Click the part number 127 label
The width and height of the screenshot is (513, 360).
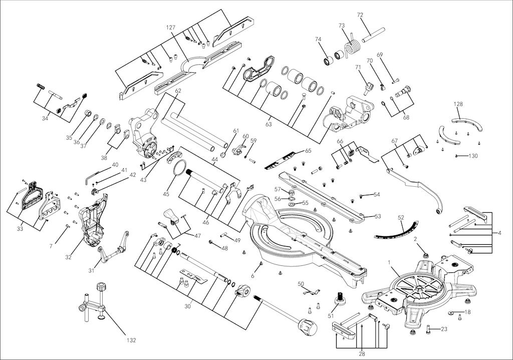171,28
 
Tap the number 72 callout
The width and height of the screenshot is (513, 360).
360,16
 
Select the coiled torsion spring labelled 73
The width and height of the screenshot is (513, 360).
354,47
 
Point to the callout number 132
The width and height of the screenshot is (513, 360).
131,340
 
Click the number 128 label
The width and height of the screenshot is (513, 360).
458,104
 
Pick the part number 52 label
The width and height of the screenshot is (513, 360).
400,217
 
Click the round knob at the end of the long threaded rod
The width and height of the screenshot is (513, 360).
308,328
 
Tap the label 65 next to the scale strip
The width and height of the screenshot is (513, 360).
308,150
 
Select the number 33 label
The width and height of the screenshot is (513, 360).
20,229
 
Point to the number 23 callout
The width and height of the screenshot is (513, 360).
444,329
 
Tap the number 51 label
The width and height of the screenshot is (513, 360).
330,315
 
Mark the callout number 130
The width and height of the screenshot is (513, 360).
473,156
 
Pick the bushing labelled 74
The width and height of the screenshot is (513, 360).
330,61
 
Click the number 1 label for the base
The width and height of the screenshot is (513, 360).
389,262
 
